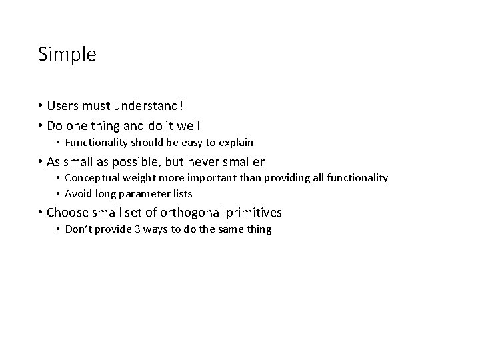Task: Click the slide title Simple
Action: (67, 54)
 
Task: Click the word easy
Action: (193, 143)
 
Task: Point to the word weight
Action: (137, 178)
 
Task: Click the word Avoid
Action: (77, 194)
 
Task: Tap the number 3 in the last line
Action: (128, 229)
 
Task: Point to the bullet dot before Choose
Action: (41, 213)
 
